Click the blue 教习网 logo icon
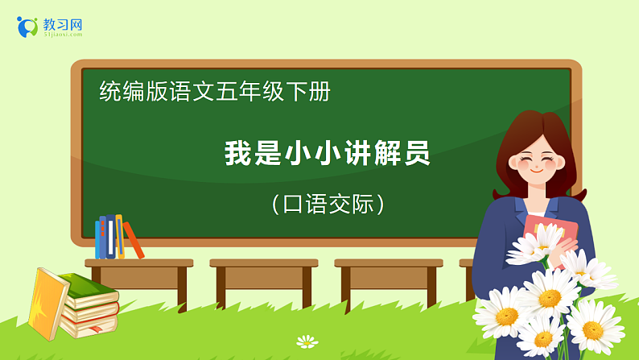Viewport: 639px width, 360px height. click(x=27, y=27)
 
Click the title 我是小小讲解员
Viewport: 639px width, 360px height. click(x=328, y=153)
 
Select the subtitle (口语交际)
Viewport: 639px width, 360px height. click(x=328, y=204)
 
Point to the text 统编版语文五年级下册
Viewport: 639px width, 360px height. click(x=215, y=92)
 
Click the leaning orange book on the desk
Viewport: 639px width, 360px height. click(x=134, y=241)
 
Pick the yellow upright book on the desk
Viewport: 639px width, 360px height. click(x=119, y=235)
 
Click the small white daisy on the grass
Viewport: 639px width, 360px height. click(x=307, y=341)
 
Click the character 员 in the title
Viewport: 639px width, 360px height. click(x=417, y=153)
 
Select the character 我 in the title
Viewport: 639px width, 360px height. click(x=237, y=153)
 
